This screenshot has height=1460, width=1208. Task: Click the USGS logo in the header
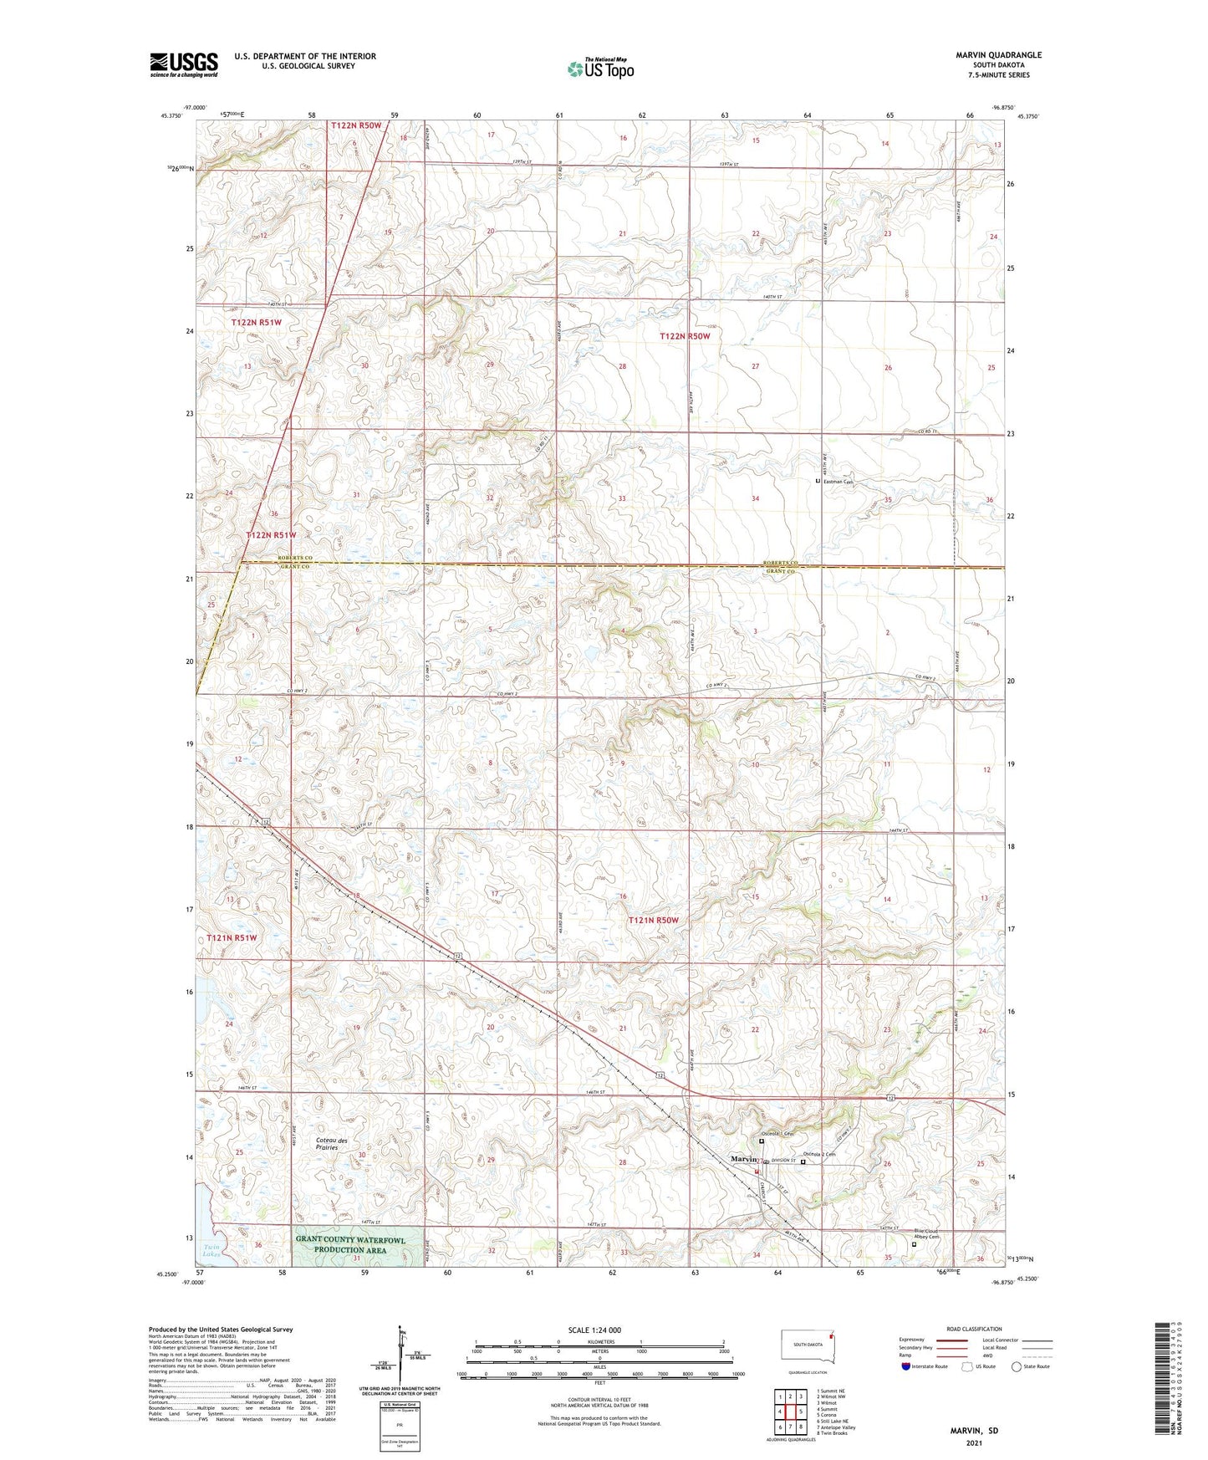[x=184, y=64]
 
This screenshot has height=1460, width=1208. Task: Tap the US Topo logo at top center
[x=600, y=69]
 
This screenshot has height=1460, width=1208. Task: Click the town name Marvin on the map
[x=743, y=1159]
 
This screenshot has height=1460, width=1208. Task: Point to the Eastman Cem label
[x=838, y=482]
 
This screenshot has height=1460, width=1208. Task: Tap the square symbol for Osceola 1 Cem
[x=762, y=1141]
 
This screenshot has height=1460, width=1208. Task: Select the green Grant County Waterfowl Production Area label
[x=349, y=1244]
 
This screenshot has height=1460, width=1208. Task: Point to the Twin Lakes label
[x=211, y=1251]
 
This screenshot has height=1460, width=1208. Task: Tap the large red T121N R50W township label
[x=654, y=920]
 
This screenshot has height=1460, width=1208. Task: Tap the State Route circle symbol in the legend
[x=1017, y=1366]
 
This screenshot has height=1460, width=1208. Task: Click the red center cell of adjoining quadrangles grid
[x=790, y=1412]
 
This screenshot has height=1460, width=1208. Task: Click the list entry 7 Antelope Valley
[x=836, y=1427]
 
